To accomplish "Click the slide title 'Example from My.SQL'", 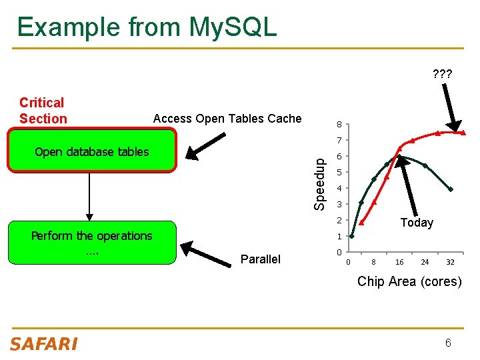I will coord(147,27).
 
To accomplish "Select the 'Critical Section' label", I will coord(43,111).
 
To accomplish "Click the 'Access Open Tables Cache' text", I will coord(227,119).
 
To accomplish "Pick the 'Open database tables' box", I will coord(92,151).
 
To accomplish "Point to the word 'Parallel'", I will coord(261,259).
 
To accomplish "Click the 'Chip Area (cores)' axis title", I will coord(409,281).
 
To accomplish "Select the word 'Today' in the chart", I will coord(417,223).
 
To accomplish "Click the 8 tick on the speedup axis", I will coord(339,125).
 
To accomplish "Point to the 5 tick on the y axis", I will coord(339,173).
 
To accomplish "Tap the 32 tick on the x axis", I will coord(451,262).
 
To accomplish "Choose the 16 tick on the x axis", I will coord(399,262).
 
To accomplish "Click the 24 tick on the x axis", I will coord(425,262).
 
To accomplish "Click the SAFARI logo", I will coord(43,344).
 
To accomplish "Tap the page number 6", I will coord(448,343).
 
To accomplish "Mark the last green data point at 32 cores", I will coord(451,189).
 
